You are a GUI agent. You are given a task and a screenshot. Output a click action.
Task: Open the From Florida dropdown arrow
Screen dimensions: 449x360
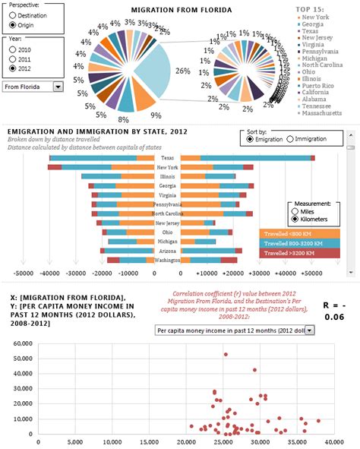pos(58,87)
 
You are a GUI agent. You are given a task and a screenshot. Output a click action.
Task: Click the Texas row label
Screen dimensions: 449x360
pos(167,157)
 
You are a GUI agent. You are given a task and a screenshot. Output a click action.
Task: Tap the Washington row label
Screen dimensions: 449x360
pos(167,260)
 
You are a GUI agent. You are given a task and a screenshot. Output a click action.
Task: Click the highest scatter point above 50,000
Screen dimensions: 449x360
pos(226,354)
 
